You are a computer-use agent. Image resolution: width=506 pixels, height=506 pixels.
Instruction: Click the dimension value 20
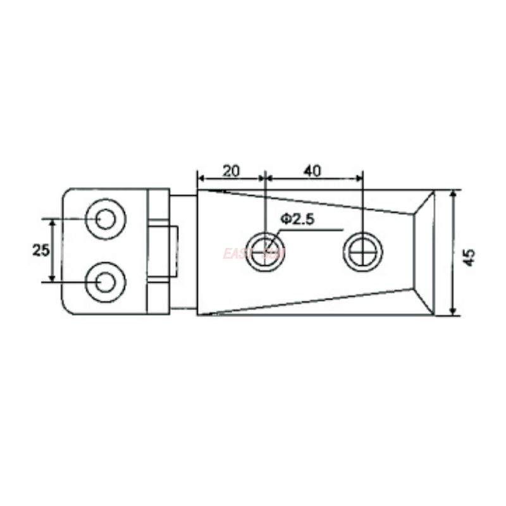point(231,171)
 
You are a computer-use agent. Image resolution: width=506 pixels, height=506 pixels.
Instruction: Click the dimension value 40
point(312,171)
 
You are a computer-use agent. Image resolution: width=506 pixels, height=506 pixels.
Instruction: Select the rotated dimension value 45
point(469,257)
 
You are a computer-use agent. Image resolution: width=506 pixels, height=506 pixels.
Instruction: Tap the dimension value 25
point(40,250)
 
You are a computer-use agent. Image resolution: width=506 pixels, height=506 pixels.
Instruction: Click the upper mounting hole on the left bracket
point(105,219)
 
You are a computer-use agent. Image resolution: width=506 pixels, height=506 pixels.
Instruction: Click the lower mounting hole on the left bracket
point(105,281)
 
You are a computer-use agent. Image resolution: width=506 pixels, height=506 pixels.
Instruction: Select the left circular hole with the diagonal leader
point(264,252)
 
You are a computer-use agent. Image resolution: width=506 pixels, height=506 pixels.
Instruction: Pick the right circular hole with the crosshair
point(362,251)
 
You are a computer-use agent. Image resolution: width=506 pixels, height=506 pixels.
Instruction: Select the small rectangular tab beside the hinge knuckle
point(173,251)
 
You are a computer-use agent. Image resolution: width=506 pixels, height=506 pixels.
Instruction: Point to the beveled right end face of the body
point(424,252)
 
